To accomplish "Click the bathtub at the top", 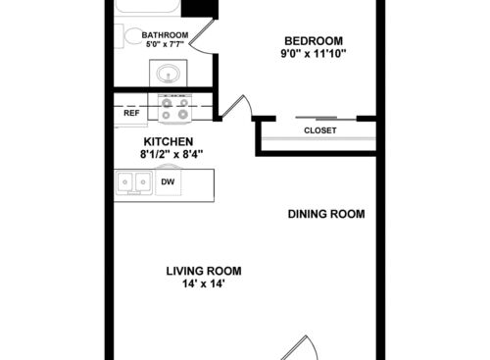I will point(147,7).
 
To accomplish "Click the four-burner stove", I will point(173,108).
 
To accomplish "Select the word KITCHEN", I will point(161,141).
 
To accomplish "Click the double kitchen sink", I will point(134,181).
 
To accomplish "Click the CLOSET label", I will point(319,129).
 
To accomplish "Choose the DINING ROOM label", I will point(326,214).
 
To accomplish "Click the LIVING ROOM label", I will point(203,271).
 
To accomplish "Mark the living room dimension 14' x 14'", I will point(203,284).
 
